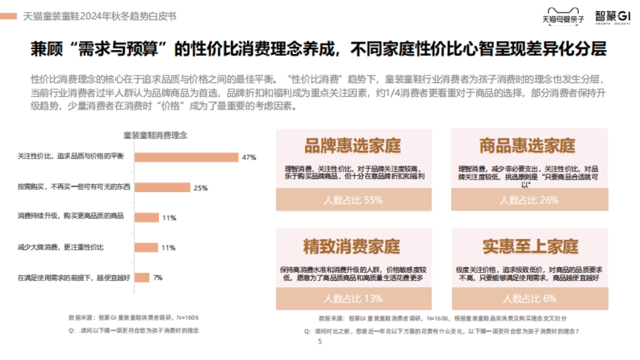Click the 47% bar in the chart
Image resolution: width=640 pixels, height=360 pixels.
(186, 157)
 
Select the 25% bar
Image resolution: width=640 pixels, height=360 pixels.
(162, 187)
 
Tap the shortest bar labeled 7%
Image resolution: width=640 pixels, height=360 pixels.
(142, 277)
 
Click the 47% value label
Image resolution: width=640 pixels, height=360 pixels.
(249, 158)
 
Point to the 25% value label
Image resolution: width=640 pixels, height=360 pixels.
(201, 188)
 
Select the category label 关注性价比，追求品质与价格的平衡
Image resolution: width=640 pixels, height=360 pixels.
(70, 156)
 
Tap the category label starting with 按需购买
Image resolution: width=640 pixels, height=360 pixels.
(66, 187)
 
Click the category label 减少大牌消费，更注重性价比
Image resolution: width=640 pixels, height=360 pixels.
(61, 247)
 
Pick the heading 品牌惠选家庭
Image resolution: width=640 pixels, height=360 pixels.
(353, 145)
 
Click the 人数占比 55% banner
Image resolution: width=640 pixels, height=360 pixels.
(353, 200)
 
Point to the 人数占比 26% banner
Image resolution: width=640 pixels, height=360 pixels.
(529, 200)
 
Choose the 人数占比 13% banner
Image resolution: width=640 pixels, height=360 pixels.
(353, 299)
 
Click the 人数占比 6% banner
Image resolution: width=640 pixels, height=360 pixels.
(529, 299)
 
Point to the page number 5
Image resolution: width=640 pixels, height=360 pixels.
(320, 342)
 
